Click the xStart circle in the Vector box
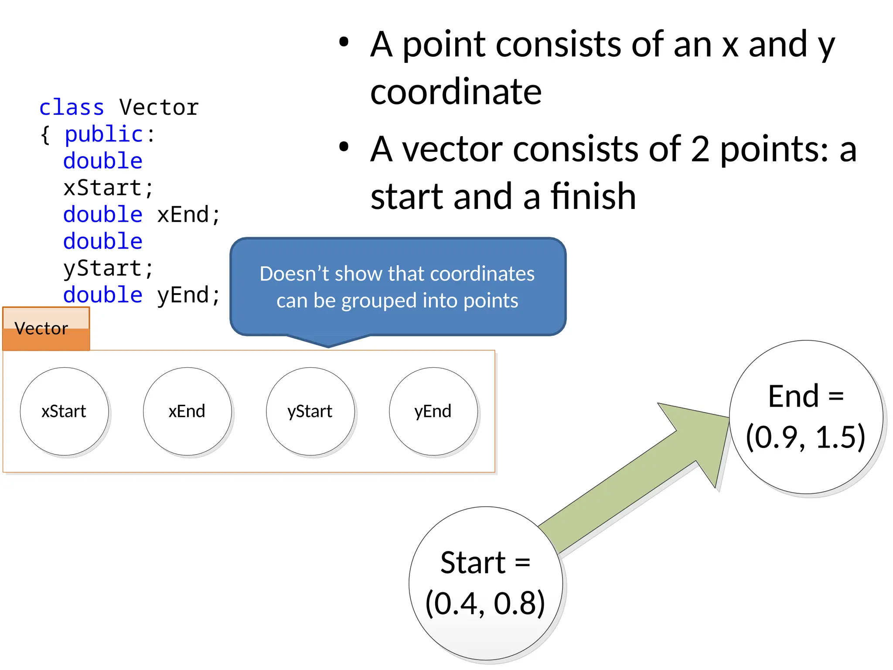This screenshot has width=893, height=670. pos(64,411)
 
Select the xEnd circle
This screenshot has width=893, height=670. pos(187,411)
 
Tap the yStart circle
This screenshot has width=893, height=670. pos(310,411)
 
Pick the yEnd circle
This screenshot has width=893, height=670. pos(433,411)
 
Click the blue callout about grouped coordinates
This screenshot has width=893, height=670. pos(397,287)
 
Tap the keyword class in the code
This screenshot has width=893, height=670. pos(72,108)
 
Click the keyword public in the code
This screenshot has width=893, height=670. pos(104,134)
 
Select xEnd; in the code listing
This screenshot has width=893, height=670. pos(188,215)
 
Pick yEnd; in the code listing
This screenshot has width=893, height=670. pos(188,295)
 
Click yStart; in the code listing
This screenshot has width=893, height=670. pos(108,269)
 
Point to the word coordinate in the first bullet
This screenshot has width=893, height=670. pos(456,92)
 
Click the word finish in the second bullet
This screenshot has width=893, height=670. pos(593,197)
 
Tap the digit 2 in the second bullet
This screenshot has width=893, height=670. pos(700,149)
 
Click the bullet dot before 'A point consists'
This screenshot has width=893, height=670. pos(344,43)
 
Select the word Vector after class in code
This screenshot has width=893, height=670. pos(159,108)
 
